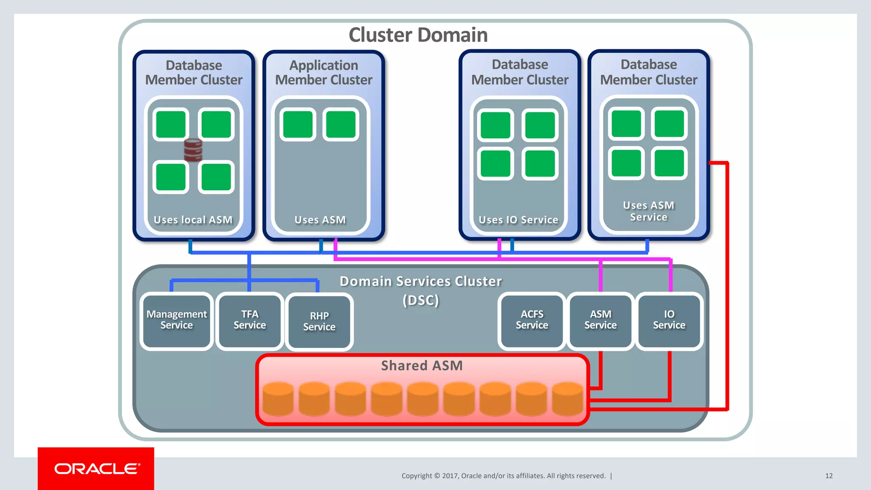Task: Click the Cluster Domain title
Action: pyautogui.click(x=418, y=35)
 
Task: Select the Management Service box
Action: pyautogui.click(x=176, y=320)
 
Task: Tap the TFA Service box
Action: pyautogui.click(x=250, y=320)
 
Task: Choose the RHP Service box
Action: pyautogui.click(x=319, y=322)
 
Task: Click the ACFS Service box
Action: pyautogui.click(x=532, y=320)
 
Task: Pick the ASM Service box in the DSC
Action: pyautogui.click(x=600, y=320)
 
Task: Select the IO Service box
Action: pyautogui.click(x=669, y=320)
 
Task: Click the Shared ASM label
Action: pyautogui.click(x=421, y=366)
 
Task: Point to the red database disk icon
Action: pyautogui.click(x=193, y=150)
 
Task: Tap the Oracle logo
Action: pyautogui.click(x=96, y=469)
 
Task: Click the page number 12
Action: pyautogui.click(x=828, y=476)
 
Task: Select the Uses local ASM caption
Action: pyautogui.click(x=193, y=220)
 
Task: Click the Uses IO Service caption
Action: pyautogui.click(x=518, y=220)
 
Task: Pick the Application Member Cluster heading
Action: pyautogui.click(x=324, y=72)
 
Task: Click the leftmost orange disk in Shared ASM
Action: pyautogui.click(x=278, y=399)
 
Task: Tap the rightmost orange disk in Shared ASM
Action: pyautogui.click(x=567, y=399)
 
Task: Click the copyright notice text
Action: pyautogui.click(x=503, y=476)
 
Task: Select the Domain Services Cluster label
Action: pyautogui.click(x=421, y=282)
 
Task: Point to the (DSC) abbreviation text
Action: pyautogui.click(x=421, y=300)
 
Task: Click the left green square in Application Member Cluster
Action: pyautogui.click(x=298, y=125)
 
